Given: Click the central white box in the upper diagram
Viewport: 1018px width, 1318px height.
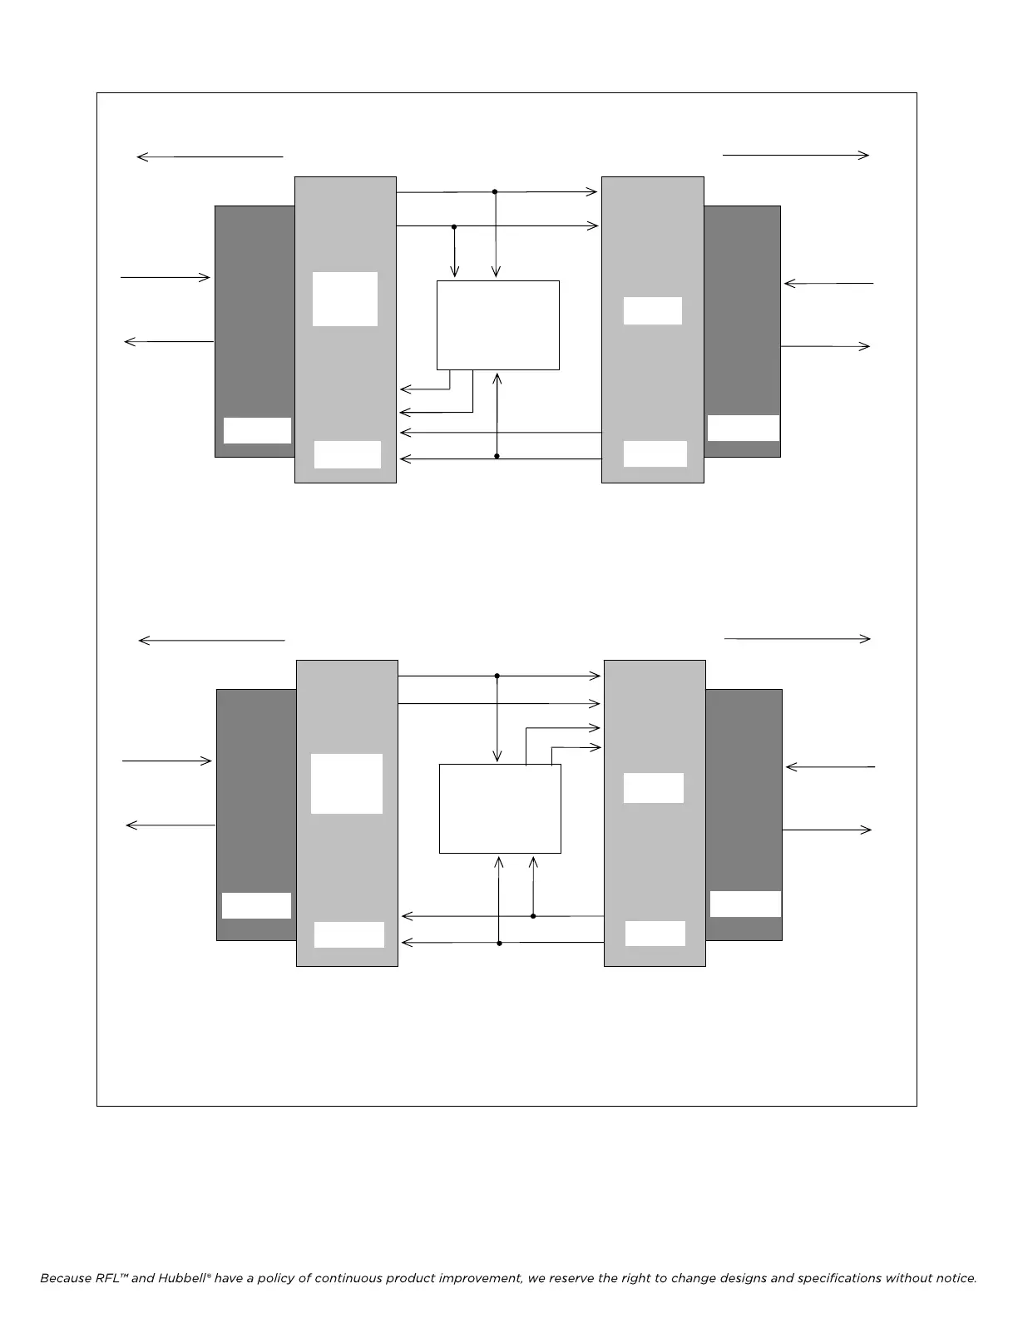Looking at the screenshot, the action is pyautogui.click(x=497, y=325).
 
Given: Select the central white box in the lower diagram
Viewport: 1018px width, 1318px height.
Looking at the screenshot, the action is pyautogui.click(x=500, y=809).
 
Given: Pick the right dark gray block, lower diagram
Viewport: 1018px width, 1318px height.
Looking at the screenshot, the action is pyautogui.click(x=744, y=799).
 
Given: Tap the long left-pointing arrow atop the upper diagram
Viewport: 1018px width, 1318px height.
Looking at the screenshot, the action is pyautogui.click(x=210, y=156).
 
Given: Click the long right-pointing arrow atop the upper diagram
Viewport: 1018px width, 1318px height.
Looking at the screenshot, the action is pyautogui.click(x=796, y=155).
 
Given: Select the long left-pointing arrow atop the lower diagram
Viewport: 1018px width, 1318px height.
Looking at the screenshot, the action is pyautogui.click(x=211, y=640).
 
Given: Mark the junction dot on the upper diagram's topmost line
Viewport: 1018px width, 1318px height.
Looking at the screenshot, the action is pyautogui.click(x=495, y=191).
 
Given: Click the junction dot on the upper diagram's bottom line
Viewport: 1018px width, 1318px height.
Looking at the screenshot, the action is pyautogui.click(x=497, y=456).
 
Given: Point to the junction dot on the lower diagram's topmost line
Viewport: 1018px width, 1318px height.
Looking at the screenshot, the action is pyautogui.click(x=497, y=676).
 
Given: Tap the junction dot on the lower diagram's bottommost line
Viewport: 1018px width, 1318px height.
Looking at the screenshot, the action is pyautogui.click(x=499, y=943).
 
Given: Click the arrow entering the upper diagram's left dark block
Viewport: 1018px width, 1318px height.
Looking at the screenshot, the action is pyautogui.click(x=166, y=277).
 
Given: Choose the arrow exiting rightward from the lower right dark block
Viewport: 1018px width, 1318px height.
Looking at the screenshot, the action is pyautogui.click(x=827, y=830).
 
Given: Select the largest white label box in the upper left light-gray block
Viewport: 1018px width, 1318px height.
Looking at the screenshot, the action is pyautogui.click(x=345, y=299).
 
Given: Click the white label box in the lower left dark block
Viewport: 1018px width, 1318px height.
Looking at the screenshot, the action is pyautogui.click(x=256, y=905).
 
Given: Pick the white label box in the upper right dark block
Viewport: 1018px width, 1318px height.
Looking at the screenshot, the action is pyautogui.click(x=743, y=428).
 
